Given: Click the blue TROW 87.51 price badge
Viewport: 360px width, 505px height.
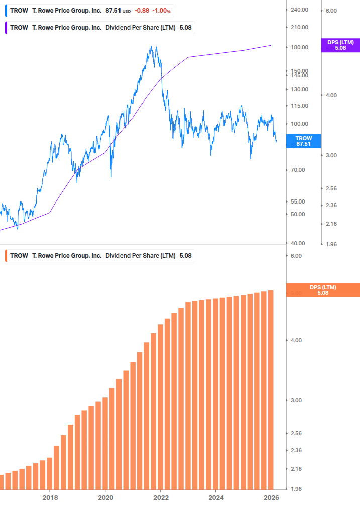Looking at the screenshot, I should click(x=304, y=141).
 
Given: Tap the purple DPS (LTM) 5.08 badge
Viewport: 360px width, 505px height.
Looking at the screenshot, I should click(x=340, y=45).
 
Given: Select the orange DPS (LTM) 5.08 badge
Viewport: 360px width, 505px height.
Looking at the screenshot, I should click(x=322, y=290).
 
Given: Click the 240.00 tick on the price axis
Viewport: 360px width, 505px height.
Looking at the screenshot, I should click(x=299, y=10).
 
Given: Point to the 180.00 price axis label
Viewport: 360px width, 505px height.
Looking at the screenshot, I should click(x=299, y=47).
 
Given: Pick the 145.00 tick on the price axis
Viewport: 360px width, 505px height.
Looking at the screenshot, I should click(x=299, y=75).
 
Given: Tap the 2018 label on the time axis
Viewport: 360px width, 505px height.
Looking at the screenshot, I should click(x=50, y=497).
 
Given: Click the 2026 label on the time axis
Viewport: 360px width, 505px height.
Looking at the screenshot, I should click(x=271, y=497).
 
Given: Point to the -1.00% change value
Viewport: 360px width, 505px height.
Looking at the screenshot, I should click(x=162, y=10).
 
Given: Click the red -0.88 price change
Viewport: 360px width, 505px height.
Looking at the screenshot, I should click(x=142, y=10).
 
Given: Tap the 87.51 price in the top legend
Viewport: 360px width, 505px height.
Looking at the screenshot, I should click(x=113, y=10).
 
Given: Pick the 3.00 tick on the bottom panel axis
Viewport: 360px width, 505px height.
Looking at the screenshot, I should click(x=296, y=400).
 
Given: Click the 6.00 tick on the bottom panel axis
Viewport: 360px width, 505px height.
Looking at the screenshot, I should click(x=296, y=256).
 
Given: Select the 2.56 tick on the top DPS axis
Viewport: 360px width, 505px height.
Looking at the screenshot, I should click(x=331, y=188).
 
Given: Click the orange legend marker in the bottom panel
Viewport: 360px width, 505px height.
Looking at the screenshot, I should click(x=5, y=256).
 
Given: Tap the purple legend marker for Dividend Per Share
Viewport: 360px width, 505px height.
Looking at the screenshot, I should click(x=5, y=28).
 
